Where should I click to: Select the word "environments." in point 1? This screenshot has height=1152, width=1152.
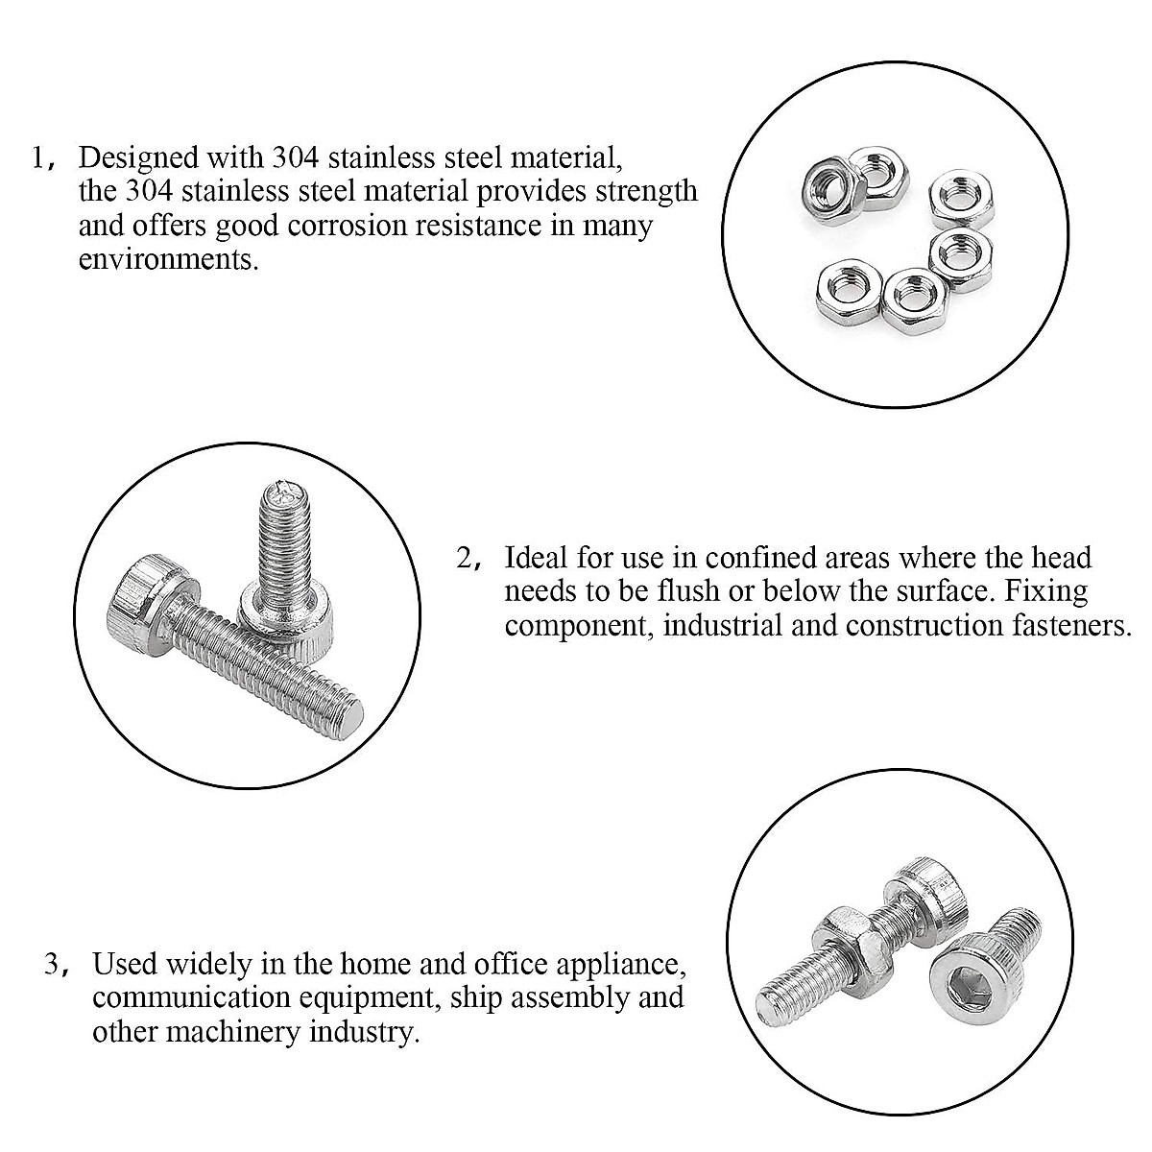[x=169, y=260]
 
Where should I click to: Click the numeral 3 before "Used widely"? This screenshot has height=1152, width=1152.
[x=52, y=963]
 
